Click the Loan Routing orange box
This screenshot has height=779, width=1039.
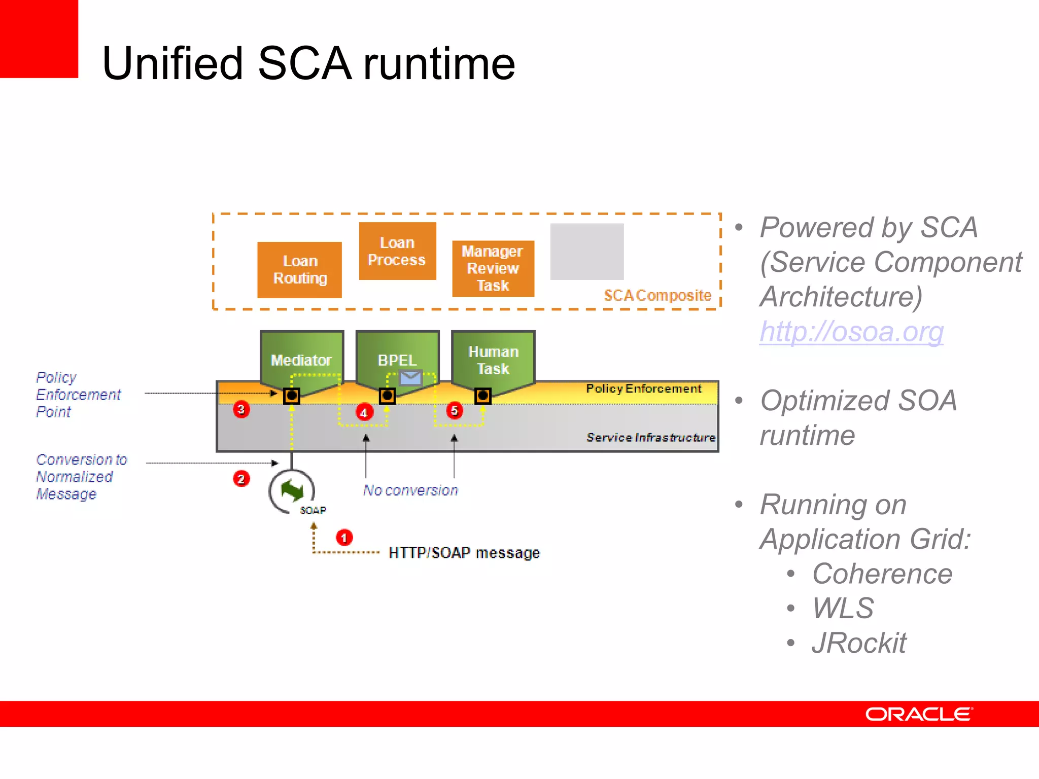[299, 270]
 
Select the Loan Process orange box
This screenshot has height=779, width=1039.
[397, 251]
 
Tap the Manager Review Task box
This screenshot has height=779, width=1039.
[493, 268]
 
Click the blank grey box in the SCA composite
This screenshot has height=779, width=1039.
[587, 252]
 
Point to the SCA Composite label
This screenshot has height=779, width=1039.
[657, 295]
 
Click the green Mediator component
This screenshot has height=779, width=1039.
[301, 358]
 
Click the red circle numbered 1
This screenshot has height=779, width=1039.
[344, 538]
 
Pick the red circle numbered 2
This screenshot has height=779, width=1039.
[241, 479]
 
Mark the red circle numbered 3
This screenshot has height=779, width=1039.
[241, 409]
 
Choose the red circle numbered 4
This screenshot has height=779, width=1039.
[364, 412]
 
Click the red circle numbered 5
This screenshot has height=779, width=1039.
[455, 410]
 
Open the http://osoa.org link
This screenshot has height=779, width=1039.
[851, 332]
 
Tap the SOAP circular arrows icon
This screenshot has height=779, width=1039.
[292, 491]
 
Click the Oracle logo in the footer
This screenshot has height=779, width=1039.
[918, 714]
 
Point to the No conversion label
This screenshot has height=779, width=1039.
[410, 490]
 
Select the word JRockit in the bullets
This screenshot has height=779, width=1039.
[858, 643]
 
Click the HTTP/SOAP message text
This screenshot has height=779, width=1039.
[464, 553]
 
